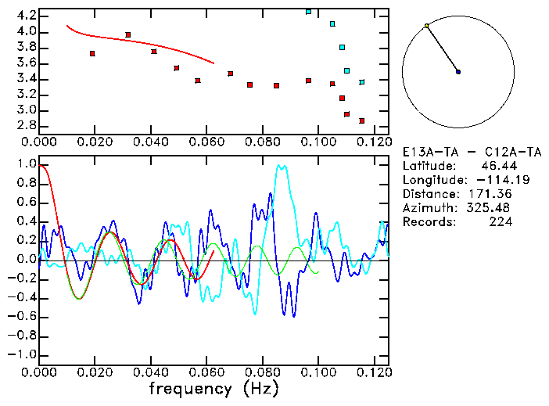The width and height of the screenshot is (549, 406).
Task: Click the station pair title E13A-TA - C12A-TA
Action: (457, 152)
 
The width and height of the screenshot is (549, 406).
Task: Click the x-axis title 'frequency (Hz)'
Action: (213, 389)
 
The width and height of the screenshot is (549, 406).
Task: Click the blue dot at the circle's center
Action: (458, 72)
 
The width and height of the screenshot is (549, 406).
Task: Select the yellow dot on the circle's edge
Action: (426, 26)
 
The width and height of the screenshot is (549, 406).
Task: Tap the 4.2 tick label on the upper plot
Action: (25, 16)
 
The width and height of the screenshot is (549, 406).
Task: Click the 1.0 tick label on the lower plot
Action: (25, 165)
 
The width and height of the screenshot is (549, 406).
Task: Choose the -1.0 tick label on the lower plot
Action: (22, 354)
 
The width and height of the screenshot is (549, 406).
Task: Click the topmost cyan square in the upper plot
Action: (309, 12)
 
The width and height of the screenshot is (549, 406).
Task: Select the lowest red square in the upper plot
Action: (362, 120)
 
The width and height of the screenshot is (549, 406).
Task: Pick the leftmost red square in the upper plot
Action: (93, 53)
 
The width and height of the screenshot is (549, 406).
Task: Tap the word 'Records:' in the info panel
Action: (429, 222)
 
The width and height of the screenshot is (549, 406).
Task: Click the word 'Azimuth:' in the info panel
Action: (429, 208)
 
